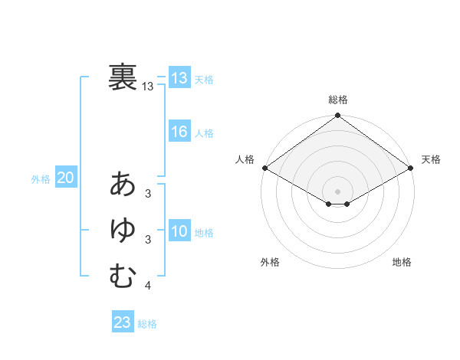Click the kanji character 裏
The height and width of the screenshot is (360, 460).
click(123, 77)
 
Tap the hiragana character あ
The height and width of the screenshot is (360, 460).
click(123, 185)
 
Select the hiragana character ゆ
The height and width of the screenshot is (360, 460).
click(123, 230)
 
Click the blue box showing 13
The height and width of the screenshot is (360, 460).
click(179, 77)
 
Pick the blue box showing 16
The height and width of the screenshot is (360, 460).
click(179, 132)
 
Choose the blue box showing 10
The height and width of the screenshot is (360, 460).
click(179, 231)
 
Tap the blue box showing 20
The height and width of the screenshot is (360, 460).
click(65, 178)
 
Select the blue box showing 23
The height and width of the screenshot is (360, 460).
click(123, 322)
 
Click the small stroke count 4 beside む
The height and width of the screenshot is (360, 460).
click(147, 286)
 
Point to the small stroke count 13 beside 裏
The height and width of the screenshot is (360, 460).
click(148, 87)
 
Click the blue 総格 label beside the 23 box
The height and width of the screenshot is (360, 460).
click(147, 324)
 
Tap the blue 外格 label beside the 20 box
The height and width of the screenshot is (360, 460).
click(41, 179)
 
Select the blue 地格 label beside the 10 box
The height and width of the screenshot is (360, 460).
click(204, 233)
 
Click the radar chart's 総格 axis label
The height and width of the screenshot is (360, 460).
click(337, 100)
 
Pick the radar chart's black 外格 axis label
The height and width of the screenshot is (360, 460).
click(270, 262)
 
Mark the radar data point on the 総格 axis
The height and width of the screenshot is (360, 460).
click(337, 116)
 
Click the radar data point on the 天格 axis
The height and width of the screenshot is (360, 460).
click(411, 168)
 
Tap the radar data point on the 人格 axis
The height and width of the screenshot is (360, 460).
click(264, 168)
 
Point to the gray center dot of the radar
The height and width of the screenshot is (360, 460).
click(337, 191)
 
